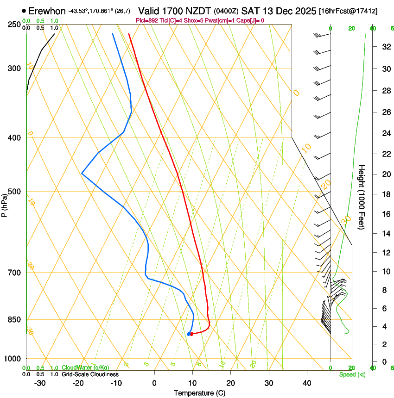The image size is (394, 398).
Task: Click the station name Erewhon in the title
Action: [47, 11]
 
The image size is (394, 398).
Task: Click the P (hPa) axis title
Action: [5, 204]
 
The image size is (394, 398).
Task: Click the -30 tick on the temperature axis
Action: [40, 383]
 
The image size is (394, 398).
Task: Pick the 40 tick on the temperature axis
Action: [307, 383]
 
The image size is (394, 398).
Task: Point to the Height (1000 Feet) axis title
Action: [362, 197]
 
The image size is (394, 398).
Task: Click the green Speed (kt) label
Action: [352, 374]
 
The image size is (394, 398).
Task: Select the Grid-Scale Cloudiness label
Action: [90, 374]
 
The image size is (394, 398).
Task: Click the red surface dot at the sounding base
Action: [191, 334]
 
